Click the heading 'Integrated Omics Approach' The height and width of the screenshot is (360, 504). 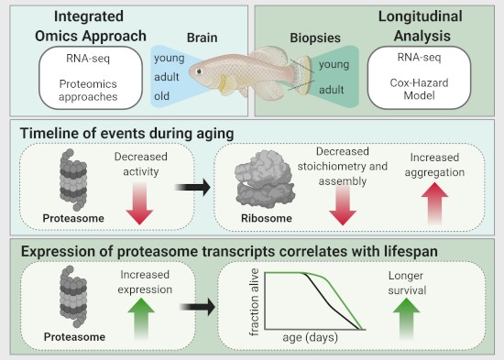tap(81, 26)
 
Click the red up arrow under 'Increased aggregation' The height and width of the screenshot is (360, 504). tap(441, 198)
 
